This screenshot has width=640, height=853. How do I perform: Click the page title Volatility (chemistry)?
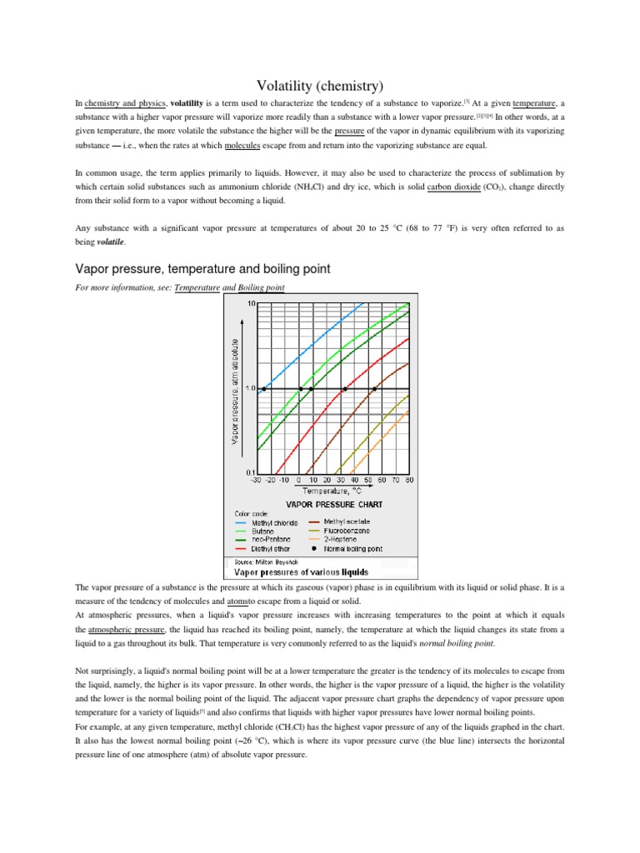[x=319, y=84]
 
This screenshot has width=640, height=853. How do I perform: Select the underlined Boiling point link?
[x=261, y=287]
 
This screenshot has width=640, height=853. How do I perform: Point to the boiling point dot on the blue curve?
[x=264, y=389]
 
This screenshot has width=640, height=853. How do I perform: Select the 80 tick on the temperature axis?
[x=409, y=481]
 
